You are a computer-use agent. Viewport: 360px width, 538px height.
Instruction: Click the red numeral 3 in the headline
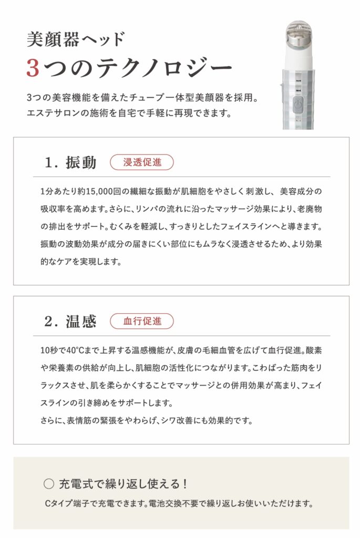coord(33,68)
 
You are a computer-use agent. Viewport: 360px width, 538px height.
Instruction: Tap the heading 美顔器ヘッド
coord(76,39)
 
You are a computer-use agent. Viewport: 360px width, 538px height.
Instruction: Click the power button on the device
coord(298,105)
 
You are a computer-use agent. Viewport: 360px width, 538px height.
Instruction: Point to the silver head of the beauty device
coord(298,34)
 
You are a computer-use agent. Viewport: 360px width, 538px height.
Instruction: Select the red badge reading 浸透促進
coord(142,162)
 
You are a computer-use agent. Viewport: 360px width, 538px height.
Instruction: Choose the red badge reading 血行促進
coord(142,321)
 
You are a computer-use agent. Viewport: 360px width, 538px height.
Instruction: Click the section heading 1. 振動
coord(71,162)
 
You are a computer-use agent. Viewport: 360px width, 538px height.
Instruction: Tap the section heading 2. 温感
coord(70,321)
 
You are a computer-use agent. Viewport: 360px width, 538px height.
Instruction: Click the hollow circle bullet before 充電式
coord(49,484)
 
